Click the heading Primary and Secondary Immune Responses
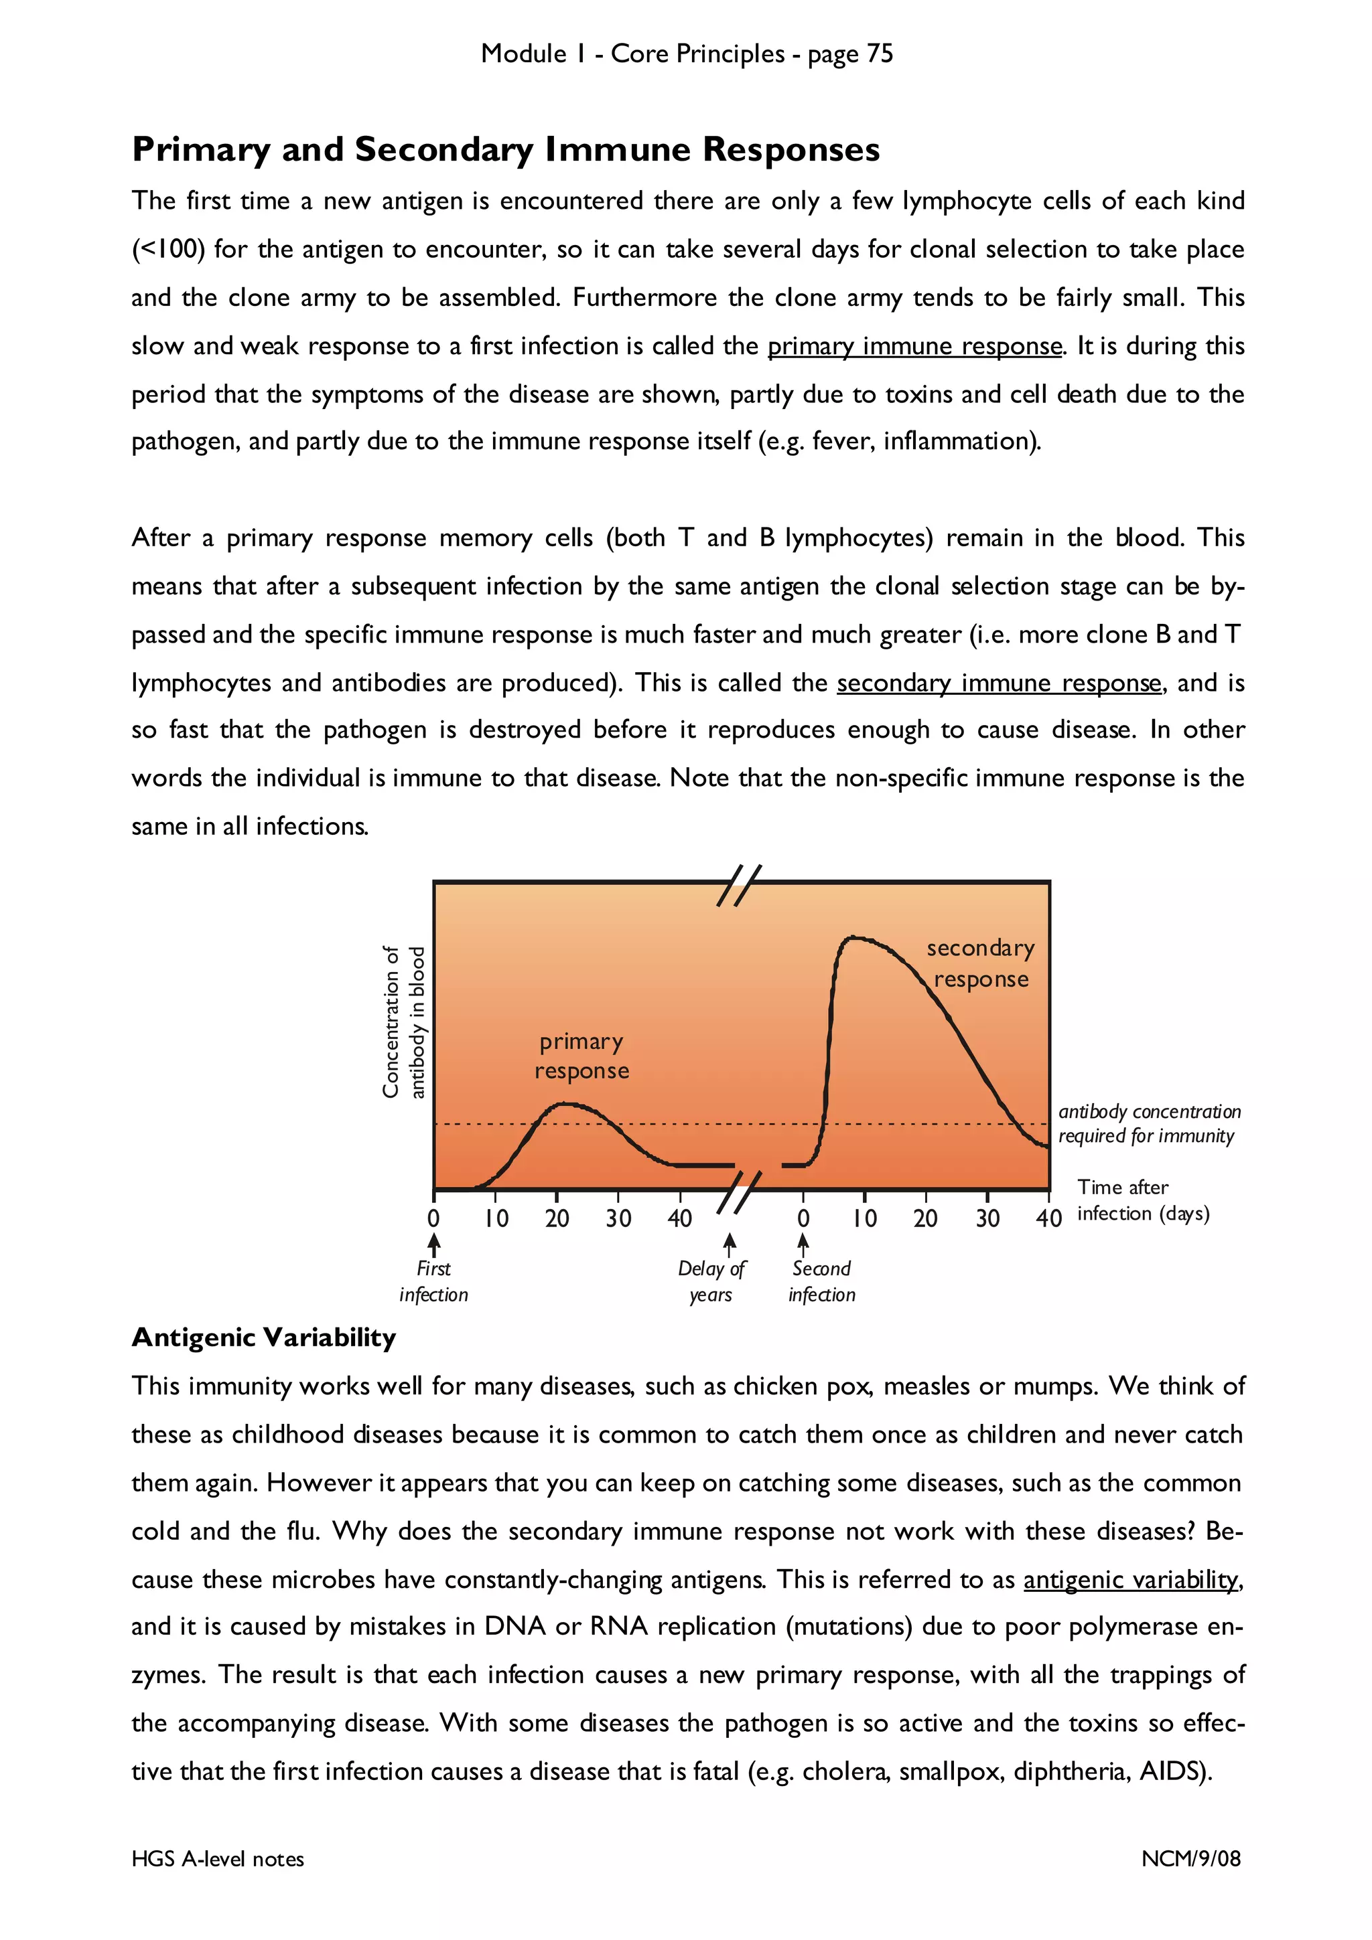click(x=506, y=149)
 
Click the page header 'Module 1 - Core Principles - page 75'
click(x=687, y=54)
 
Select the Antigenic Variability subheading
click(x=264, y=1338)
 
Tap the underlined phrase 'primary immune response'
click(x=914, y=347)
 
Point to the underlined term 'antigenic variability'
click(x=1131, y=1580)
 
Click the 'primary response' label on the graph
click(x=581, y=1056)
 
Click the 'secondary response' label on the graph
click(x=981, y=963)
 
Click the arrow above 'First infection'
click(x=433, y=1244)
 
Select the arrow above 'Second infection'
click(x=803, y=1242)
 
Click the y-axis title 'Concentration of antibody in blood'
click(x=403, y=1022)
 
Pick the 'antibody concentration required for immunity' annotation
click(x=1148, y=1124)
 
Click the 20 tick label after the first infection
click(x=557, y=1218)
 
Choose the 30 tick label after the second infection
click(x=987, y=1218)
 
